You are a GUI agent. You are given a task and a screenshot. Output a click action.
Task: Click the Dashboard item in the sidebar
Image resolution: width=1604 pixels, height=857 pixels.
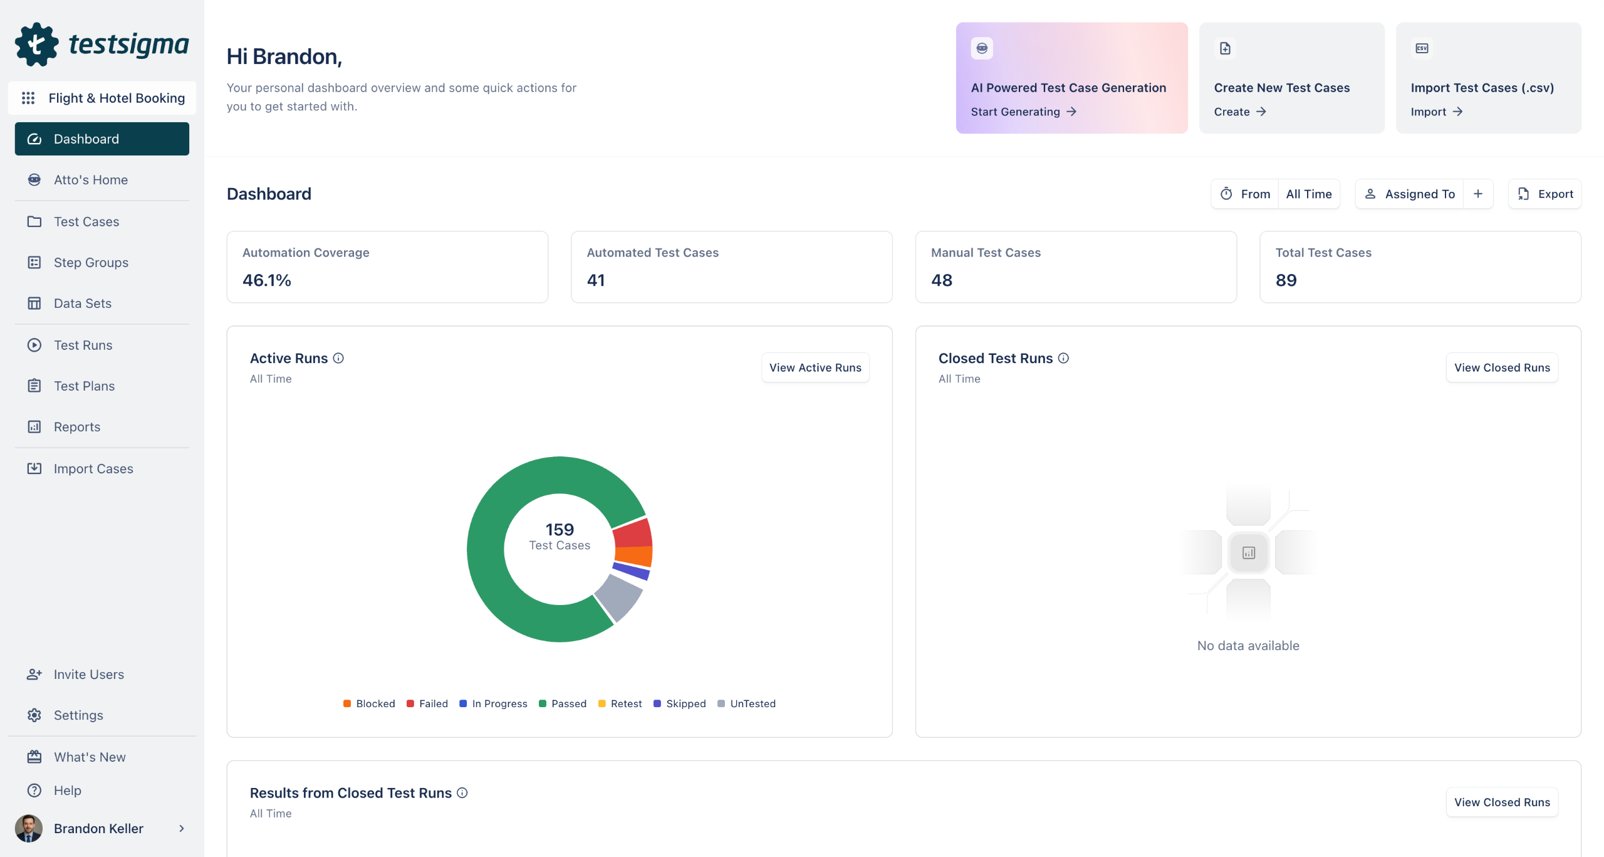pos(102,139)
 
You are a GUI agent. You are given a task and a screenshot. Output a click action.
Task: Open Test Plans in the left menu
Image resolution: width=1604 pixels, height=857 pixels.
pos(84,386)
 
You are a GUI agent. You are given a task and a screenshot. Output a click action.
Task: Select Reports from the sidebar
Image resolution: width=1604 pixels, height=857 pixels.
pos(76,426)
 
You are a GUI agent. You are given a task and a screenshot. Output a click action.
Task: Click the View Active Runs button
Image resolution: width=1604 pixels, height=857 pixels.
pos(815,367)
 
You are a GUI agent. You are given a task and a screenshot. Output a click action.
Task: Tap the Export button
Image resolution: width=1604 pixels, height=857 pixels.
pos(1544,194)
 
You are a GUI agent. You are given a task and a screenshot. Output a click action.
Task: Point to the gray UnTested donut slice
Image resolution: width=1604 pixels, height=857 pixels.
pos(618,596)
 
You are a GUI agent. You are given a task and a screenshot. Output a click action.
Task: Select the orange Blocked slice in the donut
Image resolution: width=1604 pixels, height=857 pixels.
pos(634,555)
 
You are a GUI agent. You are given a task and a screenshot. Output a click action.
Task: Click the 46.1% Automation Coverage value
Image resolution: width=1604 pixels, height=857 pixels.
pos(267,280)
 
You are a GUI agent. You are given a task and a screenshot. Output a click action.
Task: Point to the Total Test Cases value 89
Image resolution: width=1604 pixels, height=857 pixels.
pos(1286,280)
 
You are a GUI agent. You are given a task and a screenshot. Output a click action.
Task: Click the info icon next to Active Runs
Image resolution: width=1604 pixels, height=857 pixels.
pos(338,358)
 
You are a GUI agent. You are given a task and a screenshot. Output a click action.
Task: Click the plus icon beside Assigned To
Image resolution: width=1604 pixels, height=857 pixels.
pos(1478,194)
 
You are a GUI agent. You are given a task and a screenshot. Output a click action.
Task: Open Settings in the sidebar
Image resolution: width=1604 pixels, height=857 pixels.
pos(78,715)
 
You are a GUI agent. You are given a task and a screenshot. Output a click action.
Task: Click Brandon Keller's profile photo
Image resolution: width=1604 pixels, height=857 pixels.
pos(29,828)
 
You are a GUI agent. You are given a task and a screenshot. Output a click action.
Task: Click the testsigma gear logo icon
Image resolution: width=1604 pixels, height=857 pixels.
pos(36,44)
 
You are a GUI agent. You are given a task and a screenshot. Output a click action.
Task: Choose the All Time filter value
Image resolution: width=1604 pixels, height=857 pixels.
pos(1308,194)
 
